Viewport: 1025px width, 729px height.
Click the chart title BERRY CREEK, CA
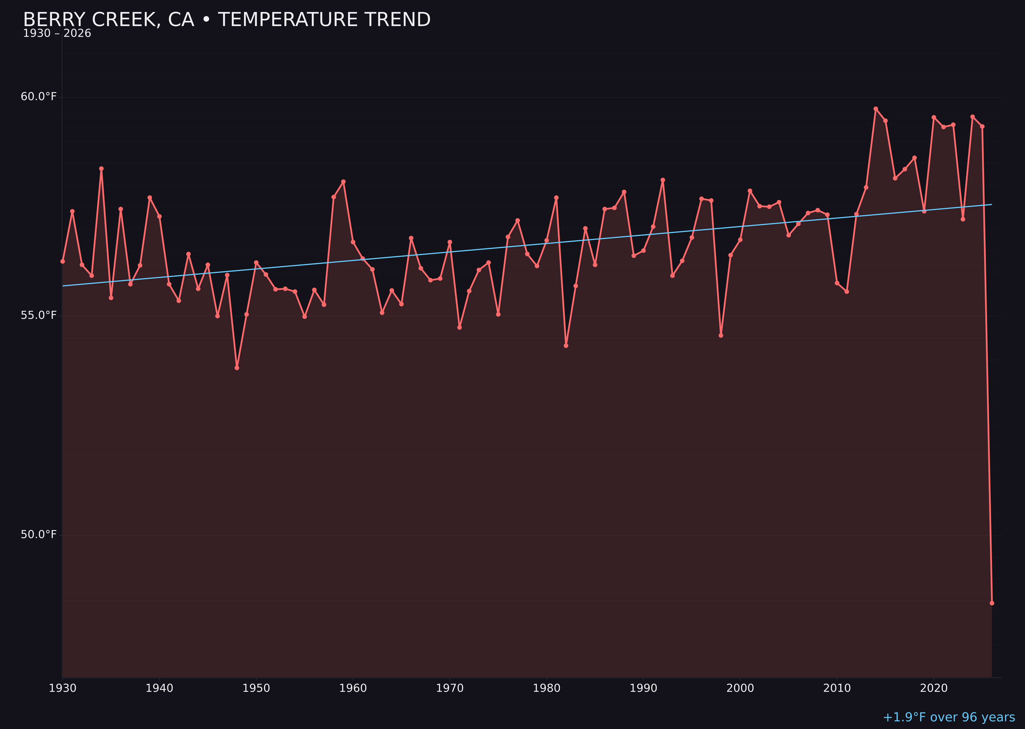point(227,20)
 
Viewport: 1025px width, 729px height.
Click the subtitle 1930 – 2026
point(57,34)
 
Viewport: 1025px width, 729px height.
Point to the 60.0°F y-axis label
point(39,97)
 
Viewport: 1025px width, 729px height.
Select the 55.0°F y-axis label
point(39,316)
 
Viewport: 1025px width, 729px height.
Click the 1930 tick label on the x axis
point(62,688)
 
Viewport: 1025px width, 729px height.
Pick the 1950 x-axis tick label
point(256,688)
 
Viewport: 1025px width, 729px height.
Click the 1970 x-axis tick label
point(450,688)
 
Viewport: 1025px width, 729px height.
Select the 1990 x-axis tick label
point(643,688)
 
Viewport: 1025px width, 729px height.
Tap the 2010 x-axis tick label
point(837,688)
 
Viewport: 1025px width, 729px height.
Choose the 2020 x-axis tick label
point(934,688)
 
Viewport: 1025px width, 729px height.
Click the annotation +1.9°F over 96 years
point(949,717)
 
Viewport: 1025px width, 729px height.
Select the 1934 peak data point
point(101,169)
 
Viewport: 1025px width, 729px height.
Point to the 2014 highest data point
point(876,109)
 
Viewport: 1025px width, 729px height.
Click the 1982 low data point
point(566,346)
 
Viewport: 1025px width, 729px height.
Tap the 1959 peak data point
point(343,182)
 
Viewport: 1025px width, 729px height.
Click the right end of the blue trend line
point(991,205)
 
